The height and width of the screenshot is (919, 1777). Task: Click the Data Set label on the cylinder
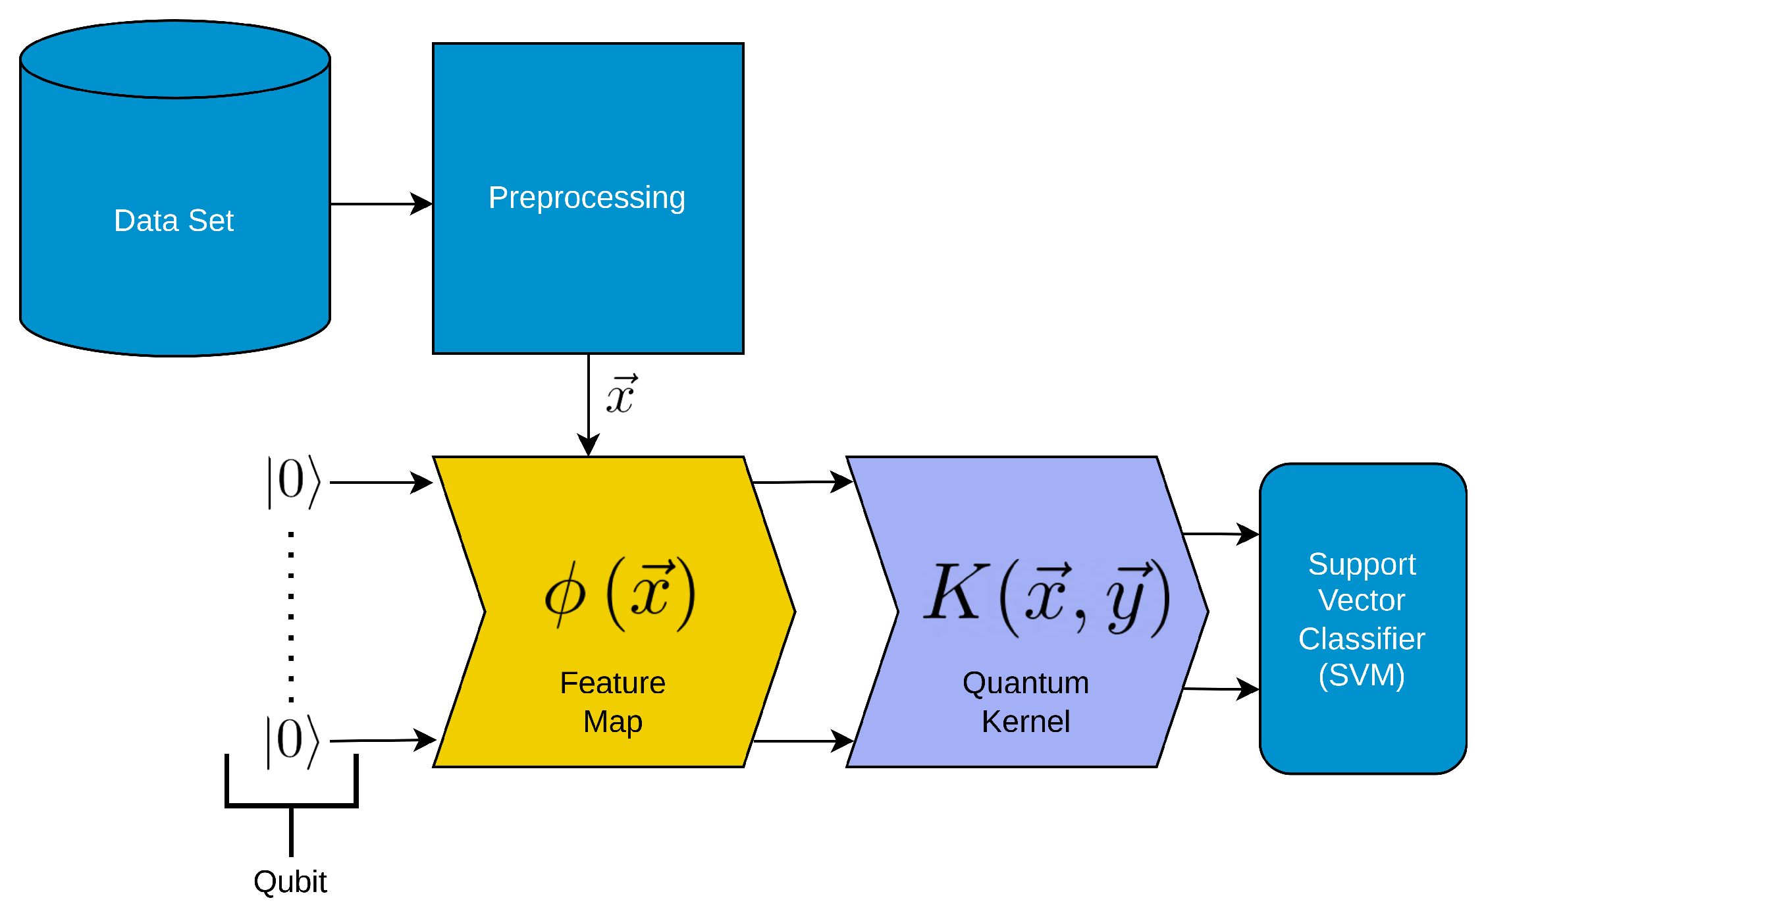coord(174,221)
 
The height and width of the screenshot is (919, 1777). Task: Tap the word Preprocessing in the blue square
coord(587,198)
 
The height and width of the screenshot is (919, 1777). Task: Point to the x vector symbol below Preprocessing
coord(621,396)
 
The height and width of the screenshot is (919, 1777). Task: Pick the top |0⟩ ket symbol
coord(294,482)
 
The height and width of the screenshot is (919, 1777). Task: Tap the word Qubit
coord(290,881)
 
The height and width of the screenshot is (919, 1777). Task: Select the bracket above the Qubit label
coord(291,804)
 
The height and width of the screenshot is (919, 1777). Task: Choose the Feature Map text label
coord(612,702)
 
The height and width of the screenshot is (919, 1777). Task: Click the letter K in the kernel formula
coord(955,592)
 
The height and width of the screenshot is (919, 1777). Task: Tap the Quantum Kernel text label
coord(1026,702)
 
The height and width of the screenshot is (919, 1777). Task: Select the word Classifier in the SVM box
coord(1362,639)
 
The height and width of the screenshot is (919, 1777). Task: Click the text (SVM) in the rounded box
coord(1362,675)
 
